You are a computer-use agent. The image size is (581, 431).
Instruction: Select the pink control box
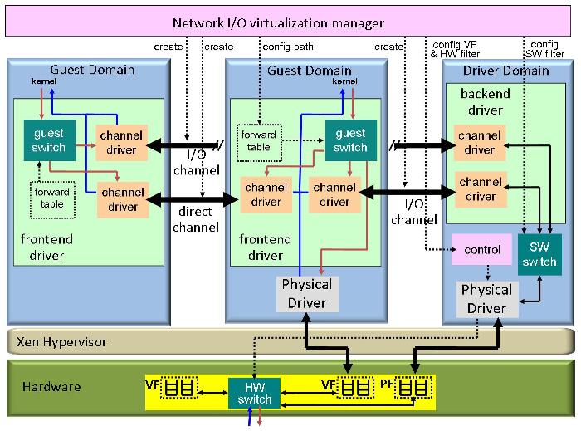coord(481,250)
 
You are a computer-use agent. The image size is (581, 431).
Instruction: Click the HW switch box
coord(255,392)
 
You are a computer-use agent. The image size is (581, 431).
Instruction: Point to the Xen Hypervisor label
coord(62,341)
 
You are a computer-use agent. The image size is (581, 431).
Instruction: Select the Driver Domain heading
coord(506,71)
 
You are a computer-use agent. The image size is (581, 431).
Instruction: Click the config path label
coord(287,47)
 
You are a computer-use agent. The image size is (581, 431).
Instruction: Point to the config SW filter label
coord(544,49)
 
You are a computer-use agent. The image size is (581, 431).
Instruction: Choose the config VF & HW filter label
coord(456,49)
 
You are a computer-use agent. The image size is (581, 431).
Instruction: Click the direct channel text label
coord(195,219)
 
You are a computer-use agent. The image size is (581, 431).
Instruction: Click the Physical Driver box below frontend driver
coord(307,293)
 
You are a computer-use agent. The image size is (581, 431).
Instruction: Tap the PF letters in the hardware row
coord(388,386)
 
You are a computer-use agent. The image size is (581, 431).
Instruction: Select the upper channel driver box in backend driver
coord(479,143)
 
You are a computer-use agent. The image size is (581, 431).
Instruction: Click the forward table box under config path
coord(259,140)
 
